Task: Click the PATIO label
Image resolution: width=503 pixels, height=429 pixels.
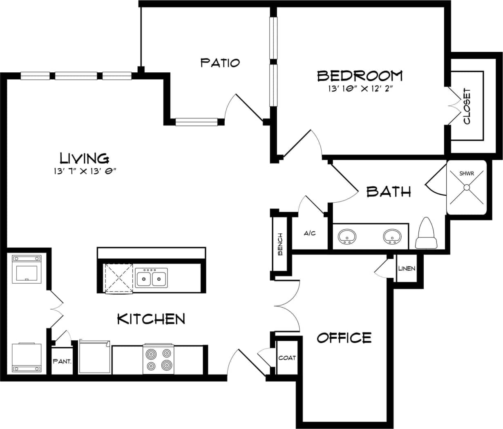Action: (x=220, y=63)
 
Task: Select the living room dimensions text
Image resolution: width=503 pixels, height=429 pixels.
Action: (x=85, y=172)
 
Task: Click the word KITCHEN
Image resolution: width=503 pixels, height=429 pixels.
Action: (x=151, y=319)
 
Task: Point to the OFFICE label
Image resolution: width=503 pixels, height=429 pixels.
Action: (x=344, y=338)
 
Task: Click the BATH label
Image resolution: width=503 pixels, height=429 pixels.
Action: (x=388, y=191)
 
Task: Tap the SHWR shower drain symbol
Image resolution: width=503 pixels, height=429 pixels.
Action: (x=466, y=188)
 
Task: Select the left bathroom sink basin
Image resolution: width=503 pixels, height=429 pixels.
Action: (x=347, y=236)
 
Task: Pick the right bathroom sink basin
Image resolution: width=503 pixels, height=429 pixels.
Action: (x=392, y=236)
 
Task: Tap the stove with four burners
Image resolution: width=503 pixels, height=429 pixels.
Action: (x=159, y=360)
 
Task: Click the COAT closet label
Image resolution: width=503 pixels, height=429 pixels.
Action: (x=287, y=358)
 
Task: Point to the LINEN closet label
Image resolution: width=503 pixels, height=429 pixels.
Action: (x=407, y=268)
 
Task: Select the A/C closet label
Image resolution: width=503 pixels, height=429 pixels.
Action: (x=309, y=233)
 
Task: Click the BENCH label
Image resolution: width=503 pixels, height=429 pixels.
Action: (x=280, y=244)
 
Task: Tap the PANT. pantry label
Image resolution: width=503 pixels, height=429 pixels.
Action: (x=62, y=361)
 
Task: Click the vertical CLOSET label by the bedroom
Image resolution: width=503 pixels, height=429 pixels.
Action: (x=467, y=106)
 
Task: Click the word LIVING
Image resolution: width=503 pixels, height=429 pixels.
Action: (x=84, y=158)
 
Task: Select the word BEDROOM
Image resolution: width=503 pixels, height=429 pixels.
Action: (x=360, y=76)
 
